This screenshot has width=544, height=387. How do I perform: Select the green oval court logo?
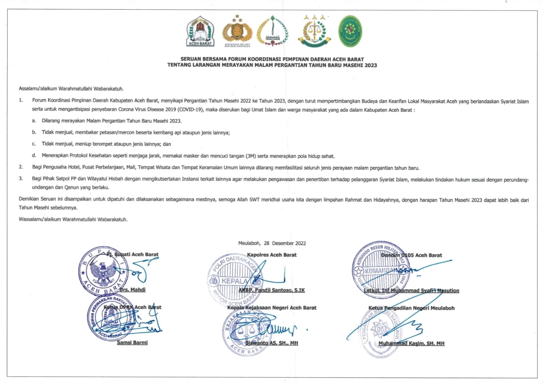pyautogui.click(x=350, y=31)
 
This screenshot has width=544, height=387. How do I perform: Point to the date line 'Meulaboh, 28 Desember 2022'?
pyautogui.click(x=272, y=243)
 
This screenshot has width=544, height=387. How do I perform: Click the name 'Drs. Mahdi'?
pyautogui.click(x=133, y=290)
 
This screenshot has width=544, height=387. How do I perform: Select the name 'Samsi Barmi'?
pyautogui.click(x=132, y=342)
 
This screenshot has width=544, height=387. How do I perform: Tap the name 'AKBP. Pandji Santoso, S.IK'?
pyautogui.click(x=272, y=290)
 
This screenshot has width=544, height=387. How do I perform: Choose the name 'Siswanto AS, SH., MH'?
pyautogui.click(x=272, y=343)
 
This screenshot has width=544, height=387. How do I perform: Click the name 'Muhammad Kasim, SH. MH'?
pyautogui.click(x=411, y=343)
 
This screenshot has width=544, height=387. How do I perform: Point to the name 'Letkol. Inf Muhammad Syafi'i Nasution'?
pyautogui.click(x=411, y=291)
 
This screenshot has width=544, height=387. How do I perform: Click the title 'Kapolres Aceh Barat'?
pyautogui.click(x=272, y=255)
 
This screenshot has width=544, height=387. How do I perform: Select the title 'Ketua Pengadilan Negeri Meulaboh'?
pyautogui.click(x=411, y=308)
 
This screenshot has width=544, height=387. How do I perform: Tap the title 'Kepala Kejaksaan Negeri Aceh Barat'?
pyautogui.click(x=272, y=308)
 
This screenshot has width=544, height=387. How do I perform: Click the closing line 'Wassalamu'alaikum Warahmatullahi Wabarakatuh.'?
pyautogui.click(x=74, y=220)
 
